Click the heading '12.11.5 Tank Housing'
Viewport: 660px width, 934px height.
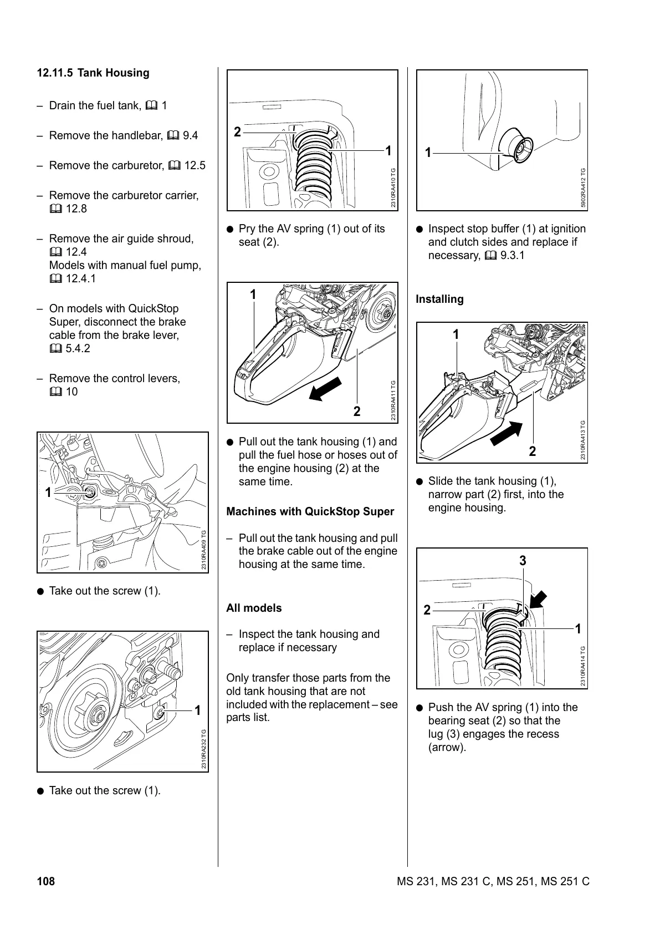coord(93,73)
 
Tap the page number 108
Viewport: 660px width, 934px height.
coord(46,881)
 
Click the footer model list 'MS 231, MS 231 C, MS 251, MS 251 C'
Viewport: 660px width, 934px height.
coord(493,881)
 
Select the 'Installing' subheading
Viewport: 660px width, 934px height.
coord(439,300)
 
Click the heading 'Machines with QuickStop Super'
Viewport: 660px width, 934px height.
coord(310,512)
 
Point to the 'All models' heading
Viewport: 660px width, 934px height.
coord(254,608)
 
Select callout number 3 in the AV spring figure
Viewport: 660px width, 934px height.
coord(523,561)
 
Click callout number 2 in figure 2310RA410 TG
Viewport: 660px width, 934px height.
coord(237,132)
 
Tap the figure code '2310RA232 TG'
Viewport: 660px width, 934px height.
coord(204,749)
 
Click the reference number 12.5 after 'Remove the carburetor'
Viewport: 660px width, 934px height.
coord(195,166)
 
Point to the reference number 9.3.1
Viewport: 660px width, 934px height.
coord(512,256)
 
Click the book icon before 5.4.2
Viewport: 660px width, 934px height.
coord(55,349)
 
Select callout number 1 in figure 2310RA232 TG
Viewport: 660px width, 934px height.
coord(197,711)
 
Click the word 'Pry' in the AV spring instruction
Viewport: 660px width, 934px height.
coord(247,229)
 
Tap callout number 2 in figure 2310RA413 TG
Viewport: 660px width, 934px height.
coord(533,451)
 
